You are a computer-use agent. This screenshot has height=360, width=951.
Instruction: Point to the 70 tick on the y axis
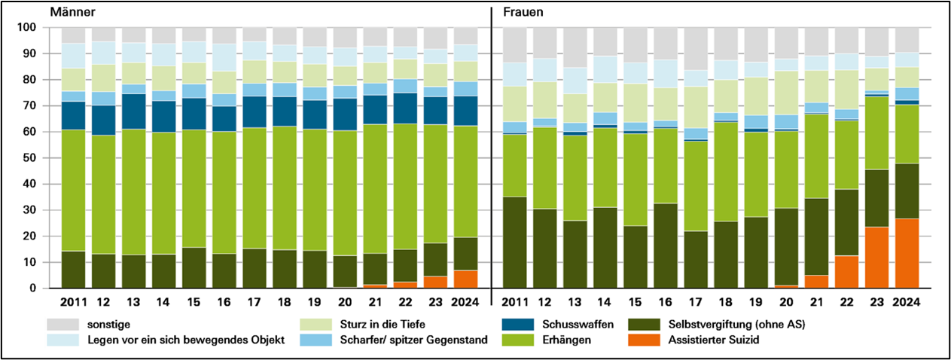[x=27, y=106]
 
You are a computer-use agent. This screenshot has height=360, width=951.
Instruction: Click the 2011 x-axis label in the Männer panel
[x=72, y=303]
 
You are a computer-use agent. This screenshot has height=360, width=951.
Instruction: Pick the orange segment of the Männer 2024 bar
[x=465, y=279]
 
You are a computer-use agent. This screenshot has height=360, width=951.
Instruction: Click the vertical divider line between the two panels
[x=491, y=151]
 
